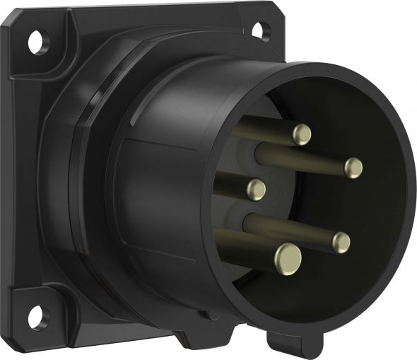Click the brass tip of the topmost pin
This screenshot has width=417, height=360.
(x=302, y=134)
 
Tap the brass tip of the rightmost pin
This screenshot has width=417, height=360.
(x=353, y=168)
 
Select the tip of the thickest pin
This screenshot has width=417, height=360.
(x=288, y=258)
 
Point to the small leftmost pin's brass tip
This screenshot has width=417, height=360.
(x=256, y=189)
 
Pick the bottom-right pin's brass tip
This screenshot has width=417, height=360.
(x=341, y=243)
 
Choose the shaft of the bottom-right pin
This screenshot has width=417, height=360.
(x=290, y=230)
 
